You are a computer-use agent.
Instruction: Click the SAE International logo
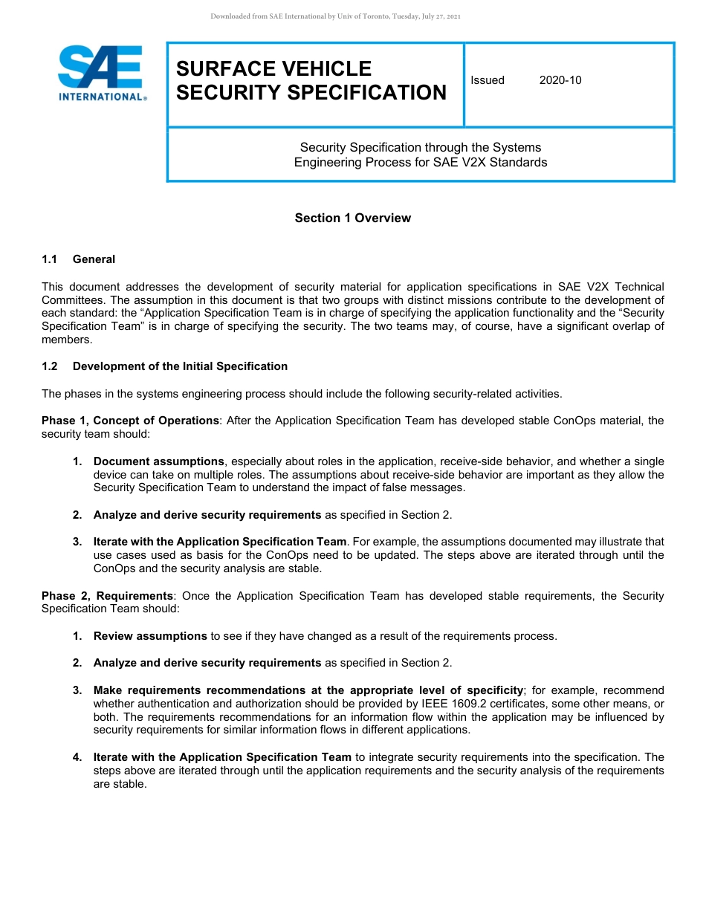tap(102, 73)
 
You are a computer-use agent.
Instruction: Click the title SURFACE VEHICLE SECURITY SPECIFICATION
tap(311, 80)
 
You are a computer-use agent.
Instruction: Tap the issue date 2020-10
tap(560, 80)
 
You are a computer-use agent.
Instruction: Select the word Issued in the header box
tap(488, 80)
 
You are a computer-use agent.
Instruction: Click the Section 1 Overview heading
tap(352, 218)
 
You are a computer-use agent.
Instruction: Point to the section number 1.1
tap(49, 259)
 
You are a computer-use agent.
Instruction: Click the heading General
tap(94, 259)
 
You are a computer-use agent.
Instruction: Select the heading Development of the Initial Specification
tap(180, 366)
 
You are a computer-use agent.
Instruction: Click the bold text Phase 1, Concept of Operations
tap(130, 421)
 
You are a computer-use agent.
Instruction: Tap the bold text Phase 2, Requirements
tap(107, 596)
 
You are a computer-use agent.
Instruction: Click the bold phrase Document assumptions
tap(158, 461)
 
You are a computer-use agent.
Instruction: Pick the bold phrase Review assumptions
tap(150, 636)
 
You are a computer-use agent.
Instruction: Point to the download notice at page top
tap(335, 16)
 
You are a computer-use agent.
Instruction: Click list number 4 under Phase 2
tap(77, 757)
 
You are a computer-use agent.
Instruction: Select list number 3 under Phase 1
tap(77, 542)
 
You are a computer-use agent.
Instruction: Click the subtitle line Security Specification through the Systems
tap(420, 147)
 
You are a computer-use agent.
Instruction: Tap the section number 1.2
tap(49, 366)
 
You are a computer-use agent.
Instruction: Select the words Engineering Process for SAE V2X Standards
tap(420, 162)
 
